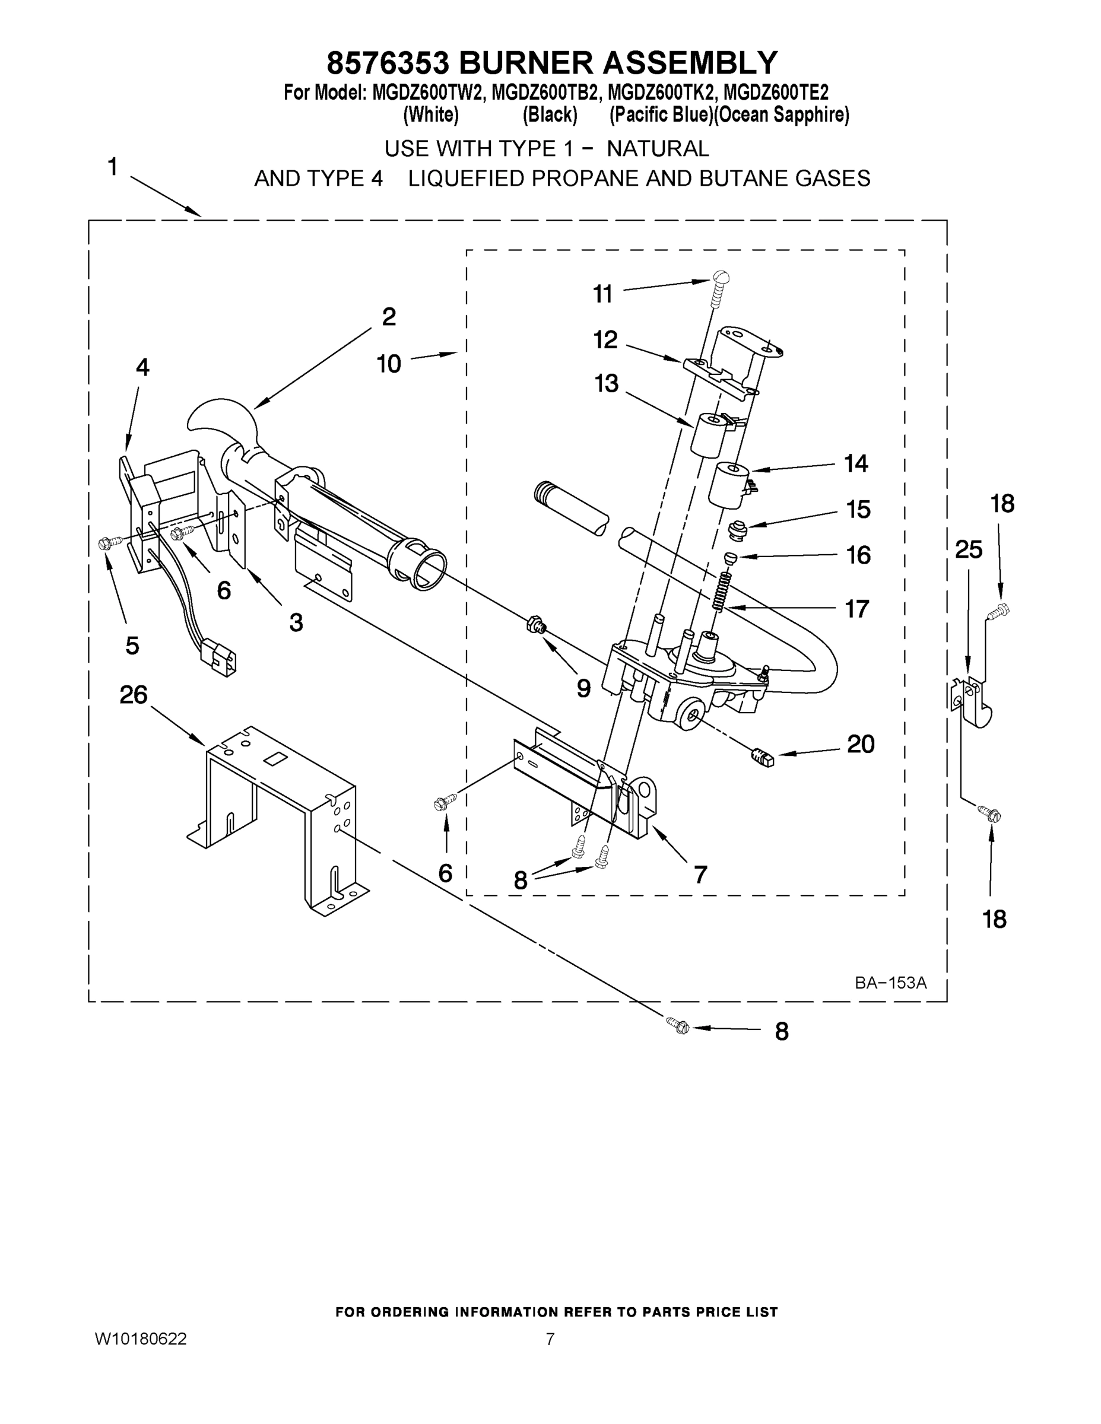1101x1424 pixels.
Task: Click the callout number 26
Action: pos(134,695)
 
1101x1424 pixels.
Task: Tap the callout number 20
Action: pos(860,744)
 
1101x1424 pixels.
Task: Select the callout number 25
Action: pos(969,550)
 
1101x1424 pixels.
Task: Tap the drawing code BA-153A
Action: pos(890,983)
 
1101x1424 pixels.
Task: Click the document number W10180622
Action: pos(141,1339)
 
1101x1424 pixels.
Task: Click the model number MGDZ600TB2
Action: pos(545,93)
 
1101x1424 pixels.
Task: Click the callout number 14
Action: pos(856,463)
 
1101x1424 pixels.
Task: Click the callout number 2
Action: pos(389,317)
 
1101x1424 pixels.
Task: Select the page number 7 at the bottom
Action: pos(550,1339)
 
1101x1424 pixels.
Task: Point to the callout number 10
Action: pos(389,363)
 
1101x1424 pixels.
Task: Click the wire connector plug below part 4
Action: pos(218,655)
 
